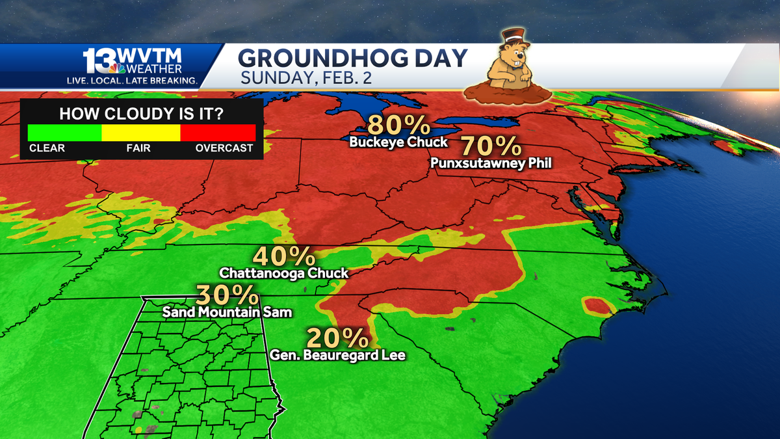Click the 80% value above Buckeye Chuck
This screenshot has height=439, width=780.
point(398,125)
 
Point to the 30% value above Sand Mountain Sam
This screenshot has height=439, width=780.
point(227,296)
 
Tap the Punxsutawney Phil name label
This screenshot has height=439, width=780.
point(491,163)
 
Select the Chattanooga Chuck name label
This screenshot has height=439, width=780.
point(284,273)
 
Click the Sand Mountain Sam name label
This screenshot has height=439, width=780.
point(227,312)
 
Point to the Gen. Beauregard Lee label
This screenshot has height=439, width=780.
point(337,355)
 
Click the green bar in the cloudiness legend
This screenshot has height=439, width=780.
point(64,133)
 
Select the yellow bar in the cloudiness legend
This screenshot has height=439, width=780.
point(140,133)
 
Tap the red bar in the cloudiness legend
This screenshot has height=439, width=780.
point(218,133)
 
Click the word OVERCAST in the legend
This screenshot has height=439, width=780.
point(224,148)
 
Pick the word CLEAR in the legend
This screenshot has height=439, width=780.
point(47,148)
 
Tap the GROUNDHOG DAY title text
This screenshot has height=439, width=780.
point(352,59)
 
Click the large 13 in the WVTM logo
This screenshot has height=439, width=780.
point(97,62)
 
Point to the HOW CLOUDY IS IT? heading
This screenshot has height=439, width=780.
point(142,114)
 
